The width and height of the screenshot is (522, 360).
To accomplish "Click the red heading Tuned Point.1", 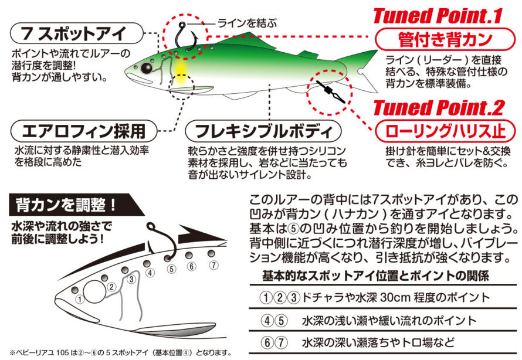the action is pyautogui.click(x=438, y=16).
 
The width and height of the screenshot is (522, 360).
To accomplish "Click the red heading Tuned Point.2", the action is pyautogui.click(x=439, y=107).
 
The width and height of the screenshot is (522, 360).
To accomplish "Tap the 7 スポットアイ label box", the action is pyautogui.click(x=77, y=33).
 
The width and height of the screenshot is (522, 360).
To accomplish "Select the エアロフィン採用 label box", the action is pyautogui.click(x=83, y=131).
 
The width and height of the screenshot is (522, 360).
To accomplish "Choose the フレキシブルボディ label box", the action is pyautogui.click(x=263, y=131).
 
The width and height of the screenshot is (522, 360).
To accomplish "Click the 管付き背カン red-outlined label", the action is pyautogui.click(x=445, y=39).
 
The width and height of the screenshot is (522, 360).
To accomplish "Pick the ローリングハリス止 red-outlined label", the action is pyautogui.click(x=445, y=131).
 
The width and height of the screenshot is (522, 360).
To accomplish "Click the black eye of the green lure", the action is pyautogui.click(x=147, y=68).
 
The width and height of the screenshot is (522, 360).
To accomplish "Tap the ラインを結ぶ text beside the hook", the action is pyautogui.click(x=247, y=23).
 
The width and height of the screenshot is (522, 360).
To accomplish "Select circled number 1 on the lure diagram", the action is pyautogui.click(x=80, y=299).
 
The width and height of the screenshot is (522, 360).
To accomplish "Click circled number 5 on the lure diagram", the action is pyautogui.click(x=171, y=269).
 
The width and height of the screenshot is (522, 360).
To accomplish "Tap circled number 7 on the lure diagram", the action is pyautogui.click(x=213, y=265).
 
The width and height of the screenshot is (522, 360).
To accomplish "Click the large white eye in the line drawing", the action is pyautogui.click(x=94, y=292).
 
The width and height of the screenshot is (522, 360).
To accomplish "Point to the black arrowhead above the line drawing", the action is pyautogui.click(x=200, y=235).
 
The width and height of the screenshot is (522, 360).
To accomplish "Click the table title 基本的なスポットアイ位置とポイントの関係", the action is pyautogui.click(x=375, y=276).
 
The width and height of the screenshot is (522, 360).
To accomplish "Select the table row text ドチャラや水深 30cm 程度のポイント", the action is pyautogui.click(x=396, y=297).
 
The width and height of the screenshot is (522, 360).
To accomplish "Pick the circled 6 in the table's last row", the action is pyautogui.click(x=267, y=342).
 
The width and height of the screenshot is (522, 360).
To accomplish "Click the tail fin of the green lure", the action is pyautogui.click(x=361, y=70).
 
